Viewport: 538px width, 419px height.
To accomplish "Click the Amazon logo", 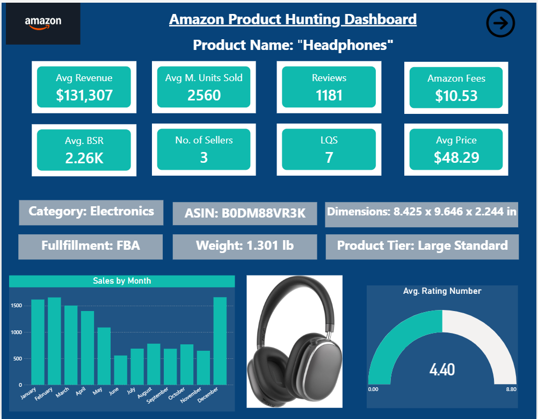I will point(43,23).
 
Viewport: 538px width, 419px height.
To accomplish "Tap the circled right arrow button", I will point(500,23).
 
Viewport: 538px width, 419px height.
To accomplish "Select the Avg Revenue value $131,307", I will point(84,96).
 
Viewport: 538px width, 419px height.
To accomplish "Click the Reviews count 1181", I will point(329,96).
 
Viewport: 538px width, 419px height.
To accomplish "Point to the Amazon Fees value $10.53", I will point(456,96).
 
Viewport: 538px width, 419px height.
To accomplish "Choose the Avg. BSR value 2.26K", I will point(84,158).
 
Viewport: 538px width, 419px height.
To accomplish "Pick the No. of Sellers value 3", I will point(204,158).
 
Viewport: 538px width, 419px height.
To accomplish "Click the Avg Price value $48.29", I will point(456,158).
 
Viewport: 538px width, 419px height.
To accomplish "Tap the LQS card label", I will point(329,140).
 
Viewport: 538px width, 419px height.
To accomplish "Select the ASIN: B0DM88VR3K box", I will point(245,213).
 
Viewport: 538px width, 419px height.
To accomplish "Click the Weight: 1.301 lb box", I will point(245,246).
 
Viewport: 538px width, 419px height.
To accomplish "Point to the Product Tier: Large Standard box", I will point(422,246).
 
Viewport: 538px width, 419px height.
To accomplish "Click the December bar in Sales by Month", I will point(220,341).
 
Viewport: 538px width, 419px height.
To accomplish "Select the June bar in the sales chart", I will point(121,370).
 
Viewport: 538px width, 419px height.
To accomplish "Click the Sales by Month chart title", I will point(122,281).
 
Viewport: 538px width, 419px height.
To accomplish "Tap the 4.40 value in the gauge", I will point(442,370).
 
